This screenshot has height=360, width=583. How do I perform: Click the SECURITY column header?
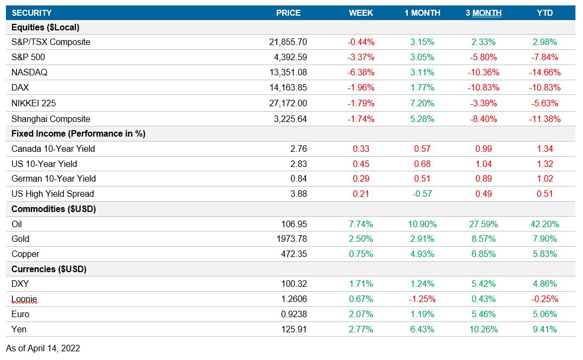(32, 13)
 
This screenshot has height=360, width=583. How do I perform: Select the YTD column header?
(544, 13)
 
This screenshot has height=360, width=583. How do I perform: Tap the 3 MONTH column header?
(483, 13)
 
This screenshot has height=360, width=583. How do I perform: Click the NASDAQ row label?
(29, 72)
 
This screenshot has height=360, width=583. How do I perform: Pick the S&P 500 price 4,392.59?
(288, 57)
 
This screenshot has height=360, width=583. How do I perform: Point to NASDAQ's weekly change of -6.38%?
(361, 72)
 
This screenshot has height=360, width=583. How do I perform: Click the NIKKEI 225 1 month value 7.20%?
(422, 102)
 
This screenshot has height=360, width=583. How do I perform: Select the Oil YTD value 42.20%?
(545, 224)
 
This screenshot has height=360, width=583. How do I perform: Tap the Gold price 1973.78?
(292, 239)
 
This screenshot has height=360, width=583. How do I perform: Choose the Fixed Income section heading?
(78, 133)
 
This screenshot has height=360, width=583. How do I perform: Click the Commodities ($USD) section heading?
(54, 209)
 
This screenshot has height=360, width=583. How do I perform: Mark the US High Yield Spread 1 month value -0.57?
(422, 194)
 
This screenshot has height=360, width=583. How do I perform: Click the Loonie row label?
(24, 299)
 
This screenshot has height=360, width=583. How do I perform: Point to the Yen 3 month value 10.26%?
(483, 329)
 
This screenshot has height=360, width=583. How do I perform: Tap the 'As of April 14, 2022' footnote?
(43, 348)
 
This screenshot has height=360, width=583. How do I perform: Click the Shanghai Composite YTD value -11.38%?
(544, 119)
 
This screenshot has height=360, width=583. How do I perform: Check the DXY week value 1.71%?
(361, 284)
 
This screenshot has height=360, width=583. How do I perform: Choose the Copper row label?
(25, 254)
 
